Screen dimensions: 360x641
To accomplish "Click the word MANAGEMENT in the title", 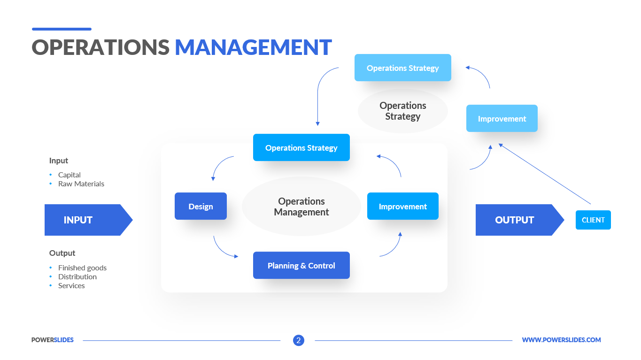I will click(x=253, y=47).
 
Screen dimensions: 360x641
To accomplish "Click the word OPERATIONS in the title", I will click(x=100, y=47).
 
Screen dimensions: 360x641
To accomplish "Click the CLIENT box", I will click(x=593, y=220).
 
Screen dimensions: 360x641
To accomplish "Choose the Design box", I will click(x=201, y=206).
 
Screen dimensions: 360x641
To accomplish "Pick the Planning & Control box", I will click(x=301, y=265).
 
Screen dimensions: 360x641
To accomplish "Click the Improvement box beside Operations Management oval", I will click(x=402, y=206).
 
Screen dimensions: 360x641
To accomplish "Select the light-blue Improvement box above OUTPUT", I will click(x=502, y=118).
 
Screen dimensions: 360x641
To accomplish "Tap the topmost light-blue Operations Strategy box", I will click(x=402, y=68).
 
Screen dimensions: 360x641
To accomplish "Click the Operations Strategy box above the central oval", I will click(x=301, y=147).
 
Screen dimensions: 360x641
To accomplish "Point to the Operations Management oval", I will click(x=301, y=207).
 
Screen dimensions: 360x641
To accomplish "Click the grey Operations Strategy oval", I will click(x=402, y=111).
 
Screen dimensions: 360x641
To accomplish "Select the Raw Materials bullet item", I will click(x=81, y=184).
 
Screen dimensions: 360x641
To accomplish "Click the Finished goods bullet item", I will click(x=82, y=268).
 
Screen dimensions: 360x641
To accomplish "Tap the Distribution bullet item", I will click(x=77, y=276).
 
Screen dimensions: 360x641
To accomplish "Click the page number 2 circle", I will click(x=299, y=340).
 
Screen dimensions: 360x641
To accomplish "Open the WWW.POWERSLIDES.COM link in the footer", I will click(x=561, y=340).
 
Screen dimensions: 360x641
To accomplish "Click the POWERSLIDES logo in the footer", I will click(x=53, y=340).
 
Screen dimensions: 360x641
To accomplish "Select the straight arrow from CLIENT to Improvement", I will click(x=545, y=174).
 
